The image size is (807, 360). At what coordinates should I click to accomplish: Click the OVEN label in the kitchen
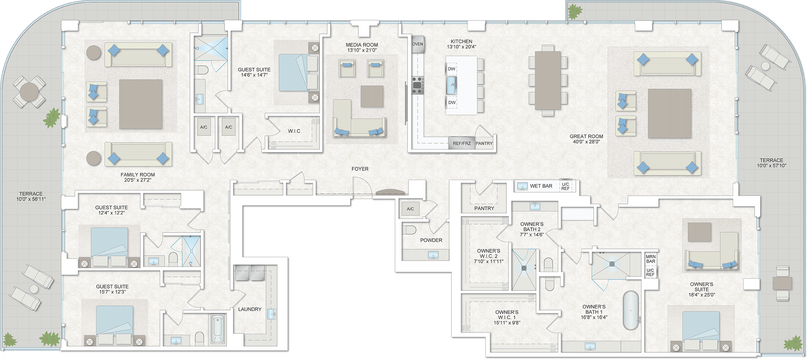[x=417, y=44]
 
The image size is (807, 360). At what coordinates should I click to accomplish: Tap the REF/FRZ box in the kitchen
[x=462, y=143]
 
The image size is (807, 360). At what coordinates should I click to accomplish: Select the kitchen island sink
[x=452, y=86]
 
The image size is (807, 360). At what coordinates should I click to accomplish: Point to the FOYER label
[x=360, y=169]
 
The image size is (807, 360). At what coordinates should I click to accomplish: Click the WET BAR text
[x=541, y=186]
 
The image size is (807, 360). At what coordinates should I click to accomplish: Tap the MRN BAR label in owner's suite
[x=651, y=259]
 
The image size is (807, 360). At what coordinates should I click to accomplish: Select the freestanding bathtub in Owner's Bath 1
[x=631, y=310]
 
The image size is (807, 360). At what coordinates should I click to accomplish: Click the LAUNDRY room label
[x=250, y=309]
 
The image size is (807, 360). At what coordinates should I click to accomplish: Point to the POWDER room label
[x=431, y=240]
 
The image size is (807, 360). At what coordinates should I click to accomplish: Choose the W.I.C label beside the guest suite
[x=294, y=131]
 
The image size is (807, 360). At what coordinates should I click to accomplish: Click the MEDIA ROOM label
[x=362, y=45]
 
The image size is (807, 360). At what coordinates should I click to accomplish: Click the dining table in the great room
[x=548, y=80]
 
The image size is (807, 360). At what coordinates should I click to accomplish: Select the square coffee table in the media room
[x=372, y=96]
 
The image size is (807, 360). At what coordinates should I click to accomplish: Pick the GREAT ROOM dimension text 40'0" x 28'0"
[x=586, y=142]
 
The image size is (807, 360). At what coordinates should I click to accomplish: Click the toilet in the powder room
[x=409, y=230]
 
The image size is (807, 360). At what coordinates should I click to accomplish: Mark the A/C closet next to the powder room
[x=410, y=209]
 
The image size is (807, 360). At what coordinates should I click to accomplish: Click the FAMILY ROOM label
[x=138, y=175]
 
